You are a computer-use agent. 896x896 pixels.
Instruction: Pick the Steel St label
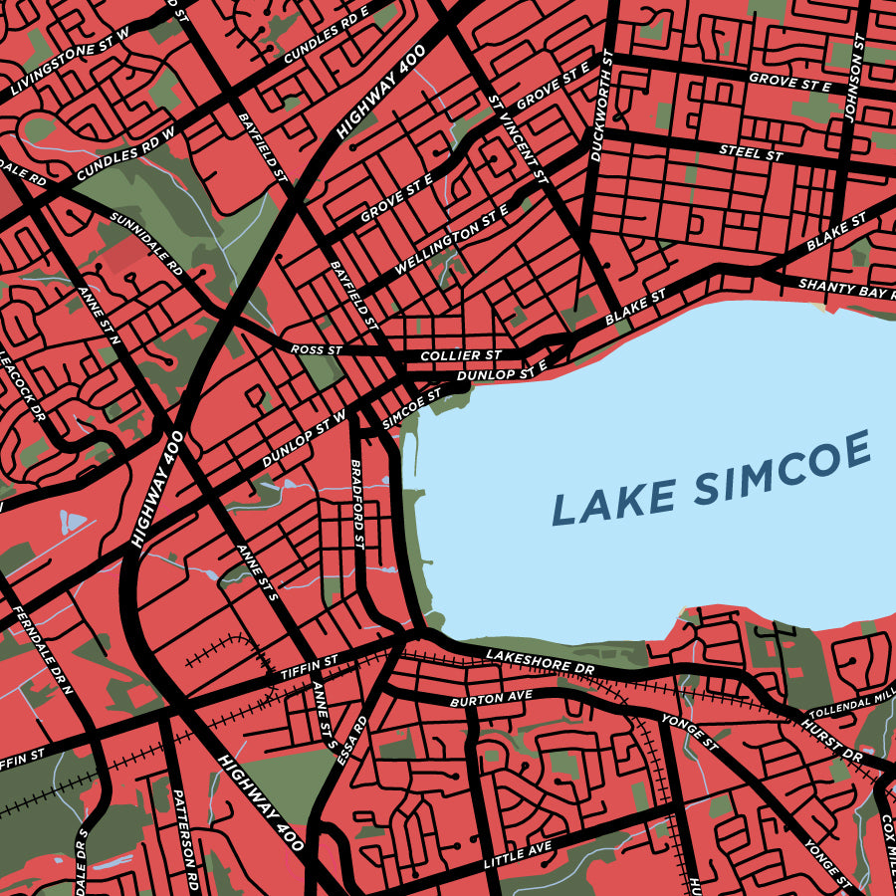tap(751, 152)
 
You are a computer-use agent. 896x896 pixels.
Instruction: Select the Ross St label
tap(316, 350)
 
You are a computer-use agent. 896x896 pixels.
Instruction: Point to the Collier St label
tap(461, 355)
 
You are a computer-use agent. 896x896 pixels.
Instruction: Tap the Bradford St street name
tap(357, 504)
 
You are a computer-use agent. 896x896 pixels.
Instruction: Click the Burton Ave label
tap(491, 698)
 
